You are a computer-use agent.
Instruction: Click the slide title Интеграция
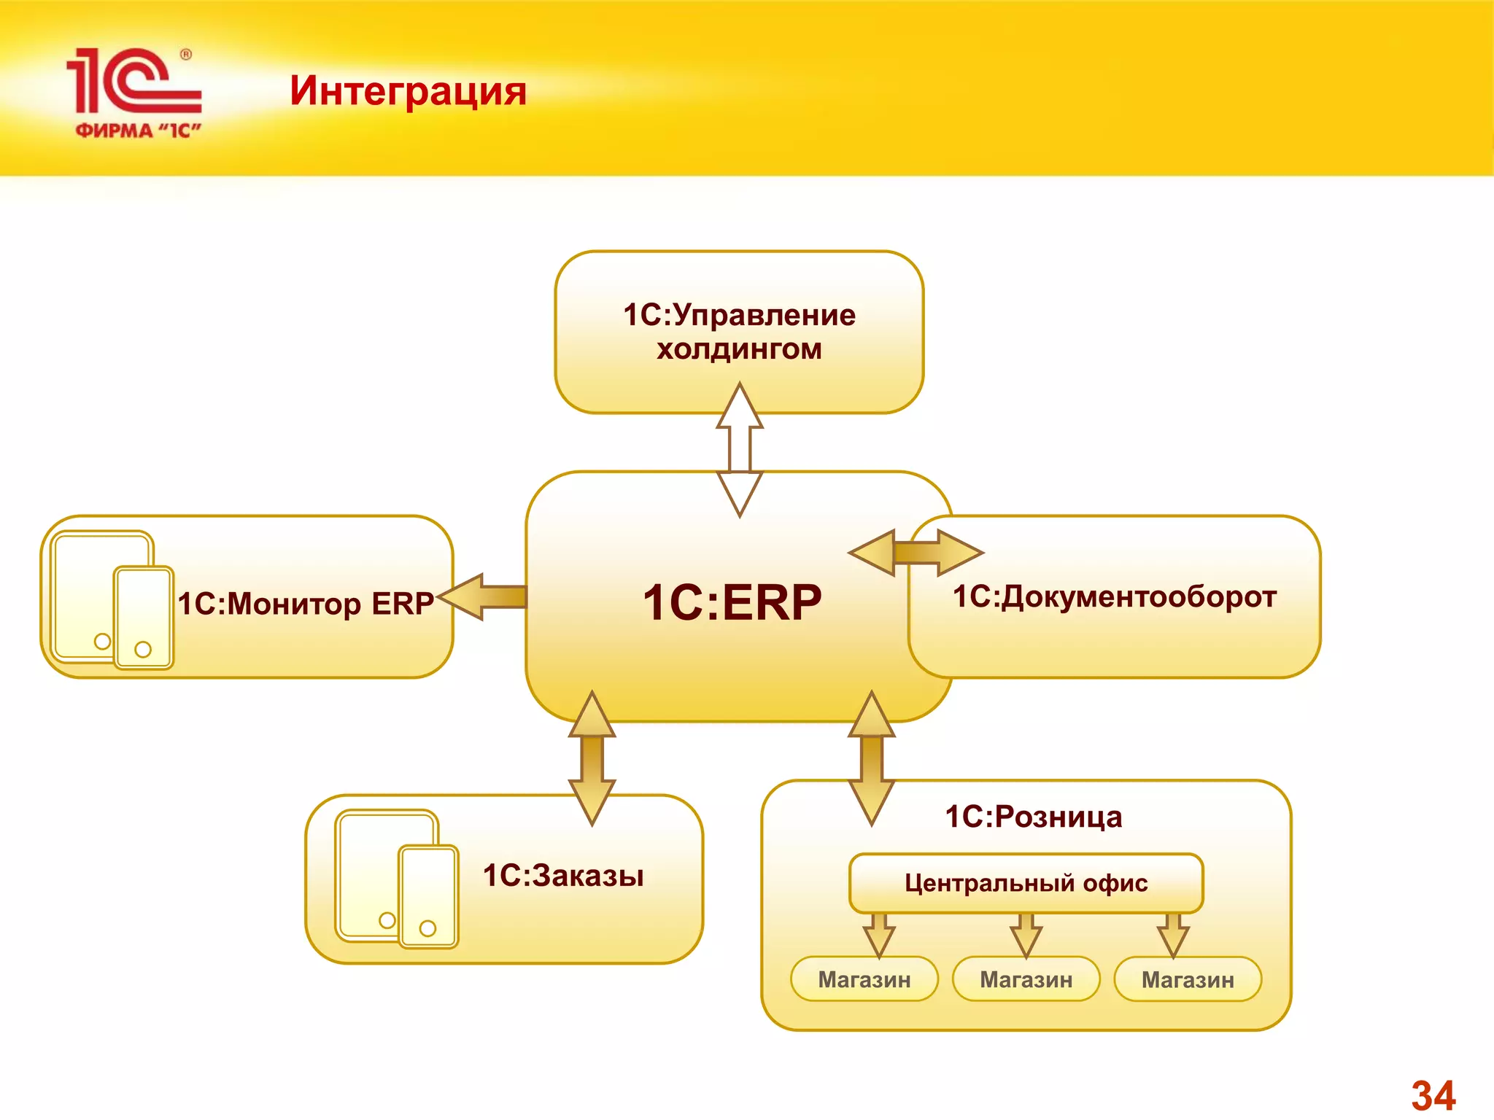click(408, 91)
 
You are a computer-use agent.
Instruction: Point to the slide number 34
click(1433, 1095)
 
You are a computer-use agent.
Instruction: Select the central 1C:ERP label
click(732, 602)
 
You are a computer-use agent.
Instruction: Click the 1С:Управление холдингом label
click(739, 332)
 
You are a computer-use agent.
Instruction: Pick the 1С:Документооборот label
click(1114, 596)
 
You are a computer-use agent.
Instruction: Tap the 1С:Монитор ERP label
click(306, 604)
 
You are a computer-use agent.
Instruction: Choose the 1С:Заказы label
click(563, 876)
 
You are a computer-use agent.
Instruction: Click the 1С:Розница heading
click(1033, 817)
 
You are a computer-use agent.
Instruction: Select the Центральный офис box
click(1026, 883)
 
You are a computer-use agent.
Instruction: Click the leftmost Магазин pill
click(864, 979)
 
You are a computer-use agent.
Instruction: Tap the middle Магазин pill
click(1026, 979)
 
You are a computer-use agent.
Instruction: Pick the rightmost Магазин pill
click(1188, 979)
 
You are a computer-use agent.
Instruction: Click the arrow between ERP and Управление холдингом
click(740, 448)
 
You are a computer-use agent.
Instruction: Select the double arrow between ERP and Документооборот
click(916, 553)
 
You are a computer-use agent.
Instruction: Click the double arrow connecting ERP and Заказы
click(592, 758)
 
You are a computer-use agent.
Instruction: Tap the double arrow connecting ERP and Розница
click(872, 758)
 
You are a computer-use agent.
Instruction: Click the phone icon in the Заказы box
click(429, 897)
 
